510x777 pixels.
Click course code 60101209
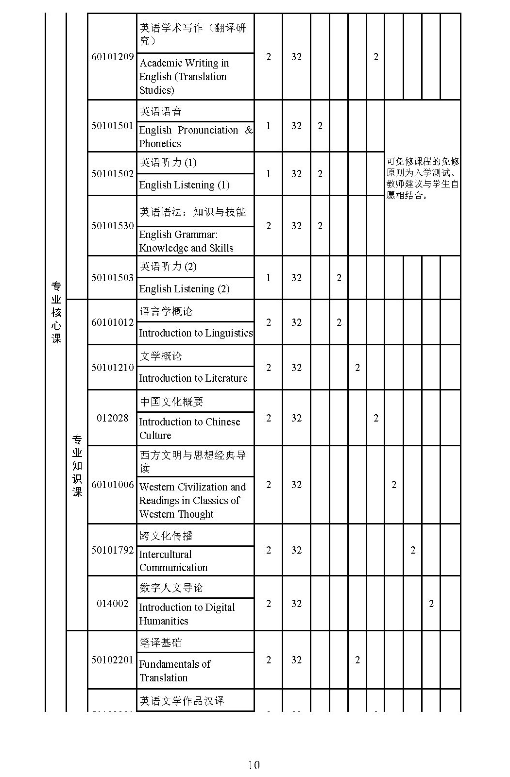[x=112, y=57]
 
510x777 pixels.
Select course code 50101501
[x=112, y=126]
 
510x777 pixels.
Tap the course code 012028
[x=112, y=418]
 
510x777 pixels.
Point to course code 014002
[x=112, y=604]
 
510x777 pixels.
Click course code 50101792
[x=112, y=550]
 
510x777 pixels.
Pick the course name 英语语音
[x=161, y=112]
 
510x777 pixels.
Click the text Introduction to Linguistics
[x=196, y=333]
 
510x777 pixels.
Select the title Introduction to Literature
[x=193, y=378]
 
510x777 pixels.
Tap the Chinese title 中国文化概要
[x=171, y=402]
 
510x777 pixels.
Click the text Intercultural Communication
[x=173, y=561]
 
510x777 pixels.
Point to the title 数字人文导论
[x=171, y=588]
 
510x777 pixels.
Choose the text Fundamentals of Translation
[x=175, y=671]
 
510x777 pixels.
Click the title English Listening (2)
[x=184, y=289]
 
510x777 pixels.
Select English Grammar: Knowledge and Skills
[x=186, y=241]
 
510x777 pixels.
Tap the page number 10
[x=254, y=765]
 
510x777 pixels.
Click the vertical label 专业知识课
[x=77, y=466]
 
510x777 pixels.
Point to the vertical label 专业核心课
[x=56, y=312]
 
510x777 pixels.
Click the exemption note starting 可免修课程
[x=422, y=178]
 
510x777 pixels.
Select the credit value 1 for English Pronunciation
[x=269, y=126]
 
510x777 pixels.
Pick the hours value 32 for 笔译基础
[x=296, y=660]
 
